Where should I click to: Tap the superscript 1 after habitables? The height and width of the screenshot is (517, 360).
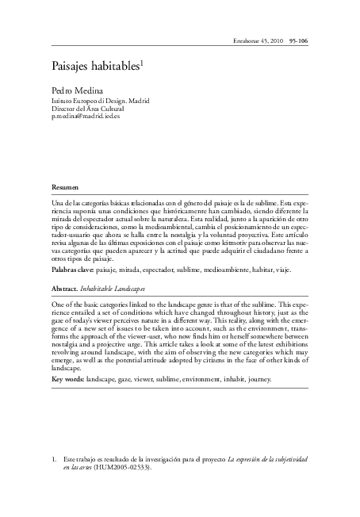[143, 64]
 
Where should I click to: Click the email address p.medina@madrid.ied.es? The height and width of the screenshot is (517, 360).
[85, 117]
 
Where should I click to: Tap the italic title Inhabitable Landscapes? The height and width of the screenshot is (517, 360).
[117, 288]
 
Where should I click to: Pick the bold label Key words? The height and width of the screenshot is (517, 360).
[68, 378]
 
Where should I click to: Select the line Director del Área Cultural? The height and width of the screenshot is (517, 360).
[87, 109]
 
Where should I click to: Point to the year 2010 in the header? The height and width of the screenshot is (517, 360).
[278, 40]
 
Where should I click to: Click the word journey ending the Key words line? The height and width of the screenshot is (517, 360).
[259, 378]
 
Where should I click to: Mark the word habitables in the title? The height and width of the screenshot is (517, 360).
[117, 68]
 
